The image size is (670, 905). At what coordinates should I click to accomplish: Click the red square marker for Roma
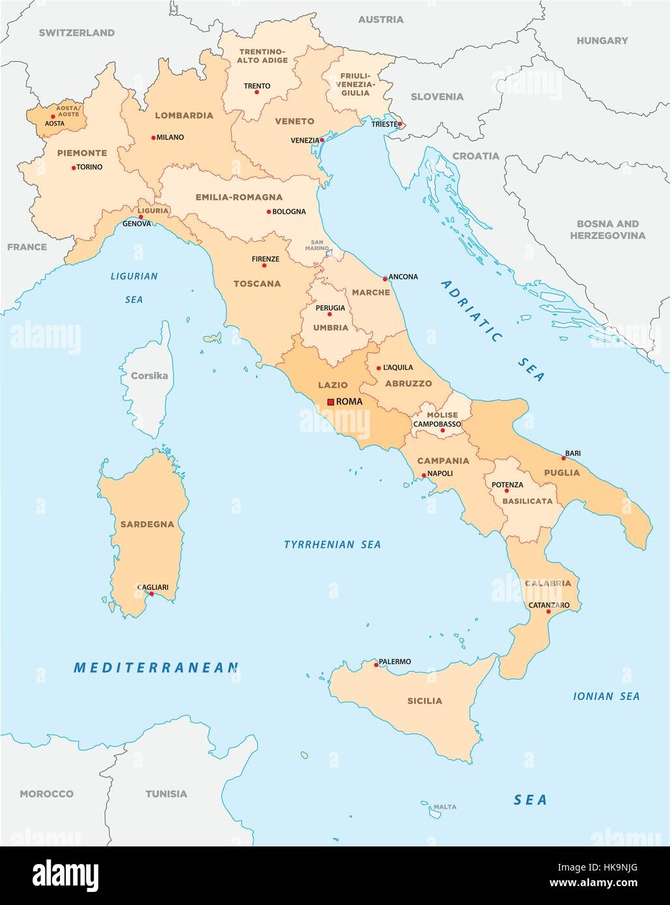[x=331, y=402]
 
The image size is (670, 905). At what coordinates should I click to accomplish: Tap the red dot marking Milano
[x=152, y=137]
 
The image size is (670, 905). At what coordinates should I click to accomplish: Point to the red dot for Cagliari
[x=151, y=593]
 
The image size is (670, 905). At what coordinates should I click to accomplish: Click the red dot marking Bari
[x=563, y=458]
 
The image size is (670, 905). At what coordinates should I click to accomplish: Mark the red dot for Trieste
[x=400, y=124]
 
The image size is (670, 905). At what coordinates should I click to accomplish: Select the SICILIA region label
[x=425, y=701]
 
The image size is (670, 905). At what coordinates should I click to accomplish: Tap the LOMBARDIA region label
[x=184, y=115]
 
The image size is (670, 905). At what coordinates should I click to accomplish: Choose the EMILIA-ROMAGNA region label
[x=239, y=197]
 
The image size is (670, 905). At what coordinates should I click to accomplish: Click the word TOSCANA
[x=257, y=284]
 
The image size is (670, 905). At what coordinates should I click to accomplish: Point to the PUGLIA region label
[x=563, y=473]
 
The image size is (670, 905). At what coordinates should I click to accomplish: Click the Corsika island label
[x=149, y=376]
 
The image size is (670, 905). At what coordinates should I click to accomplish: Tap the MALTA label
[x=445, y=807]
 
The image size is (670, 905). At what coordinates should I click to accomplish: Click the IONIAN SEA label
[x=606, y=696]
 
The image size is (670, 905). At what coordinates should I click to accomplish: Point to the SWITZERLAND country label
[x=76, y=33]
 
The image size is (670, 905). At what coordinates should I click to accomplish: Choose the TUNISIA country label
[x=166, y=794]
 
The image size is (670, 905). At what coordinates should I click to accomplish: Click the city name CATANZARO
[x=550, y=605]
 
